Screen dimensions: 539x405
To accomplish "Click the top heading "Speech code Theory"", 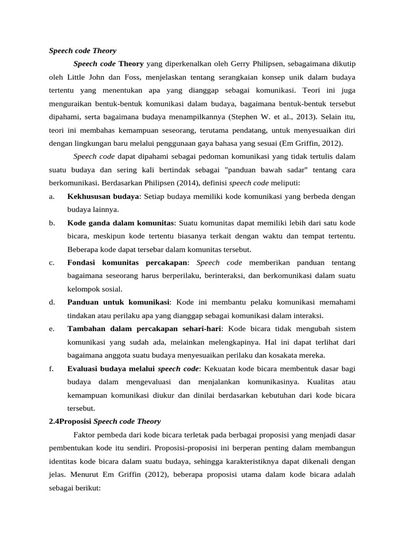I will coord(82,51).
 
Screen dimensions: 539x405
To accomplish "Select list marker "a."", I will coord(52,196).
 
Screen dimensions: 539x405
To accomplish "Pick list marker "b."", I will coord(52,223).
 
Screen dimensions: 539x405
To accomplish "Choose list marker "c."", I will coord(52,263).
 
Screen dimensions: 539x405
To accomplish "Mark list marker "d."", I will coord(52,302).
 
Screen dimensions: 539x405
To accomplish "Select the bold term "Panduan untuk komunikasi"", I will coord(118,302).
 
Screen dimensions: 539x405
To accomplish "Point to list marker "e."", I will coord(52,328).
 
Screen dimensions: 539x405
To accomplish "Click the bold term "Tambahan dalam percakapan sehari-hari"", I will coord(144,328).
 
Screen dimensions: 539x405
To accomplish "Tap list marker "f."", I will coord(51,368).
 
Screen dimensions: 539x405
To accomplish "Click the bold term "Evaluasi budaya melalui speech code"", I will coord(133,368).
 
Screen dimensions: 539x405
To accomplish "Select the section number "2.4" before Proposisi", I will coord(54,422).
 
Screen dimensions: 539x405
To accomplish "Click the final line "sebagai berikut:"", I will coord(74,488).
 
